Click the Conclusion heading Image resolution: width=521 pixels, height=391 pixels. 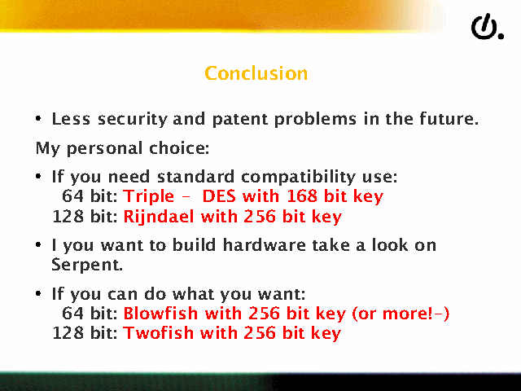(x=256, y=73)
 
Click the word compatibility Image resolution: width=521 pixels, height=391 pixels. (x=299, y=177)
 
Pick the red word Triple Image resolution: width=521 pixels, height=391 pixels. (x=148, y=196)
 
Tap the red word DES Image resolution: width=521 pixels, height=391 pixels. (x=219, y=195)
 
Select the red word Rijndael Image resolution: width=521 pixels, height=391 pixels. (x=159, y=217)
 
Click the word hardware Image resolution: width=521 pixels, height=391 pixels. (x=264, y=245)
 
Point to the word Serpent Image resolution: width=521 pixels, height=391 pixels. (x=87, y=266)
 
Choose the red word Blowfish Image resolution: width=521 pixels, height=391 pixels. (x=160, y=313)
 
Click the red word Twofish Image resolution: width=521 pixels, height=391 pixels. (x=158, y=333)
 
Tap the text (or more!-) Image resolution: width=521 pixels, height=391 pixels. (x=401, y=314)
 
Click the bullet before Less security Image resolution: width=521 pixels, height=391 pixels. (x=38, y=118)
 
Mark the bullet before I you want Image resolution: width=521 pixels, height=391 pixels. (x=38, y=245)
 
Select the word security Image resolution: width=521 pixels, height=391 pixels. (x=133, y=120)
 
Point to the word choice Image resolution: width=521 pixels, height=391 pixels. (x=179, y=148)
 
